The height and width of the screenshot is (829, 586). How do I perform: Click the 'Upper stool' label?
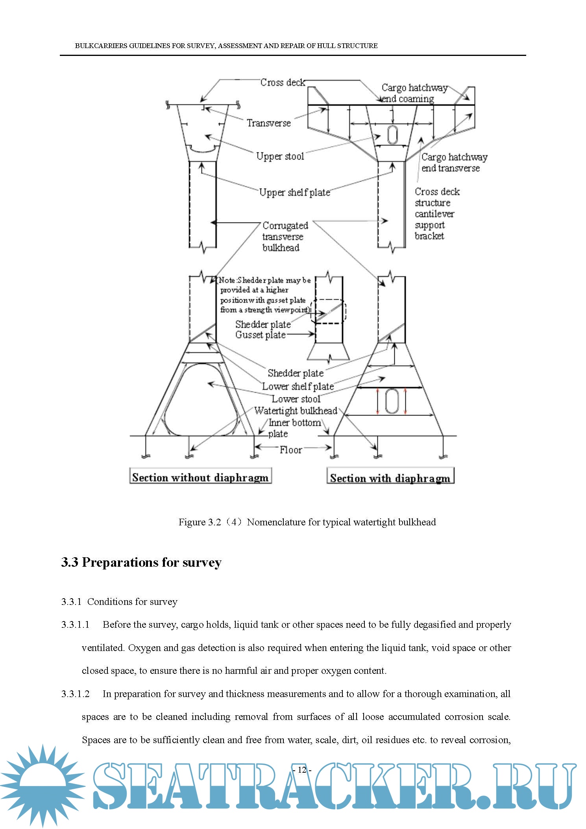280,156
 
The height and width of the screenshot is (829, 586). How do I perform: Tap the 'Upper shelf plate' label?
294,192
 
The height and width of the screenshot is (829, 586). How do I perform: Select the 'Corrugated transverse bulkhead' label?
285,236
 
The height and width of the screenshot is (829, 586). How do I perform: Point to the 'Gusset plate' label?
260,335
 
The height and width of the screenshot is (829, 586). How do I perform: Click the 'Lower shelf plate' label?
298,386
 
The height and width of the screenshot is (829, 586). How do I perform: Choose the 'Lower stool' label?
296,399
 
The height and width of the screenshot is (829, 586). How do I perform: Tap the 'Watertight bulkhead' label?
296,411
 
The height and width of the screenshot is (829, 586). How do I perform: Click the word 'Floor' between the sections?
290,450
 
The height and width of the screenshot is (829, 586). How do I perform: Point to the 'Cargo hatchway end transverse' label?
454,162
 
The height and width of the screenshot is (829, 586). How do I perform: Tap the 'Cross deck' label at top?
282,82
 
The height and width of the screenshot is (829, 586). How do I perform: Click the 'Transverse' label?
269,123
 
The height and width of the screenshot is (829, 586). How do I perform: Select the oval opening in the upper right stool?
392,134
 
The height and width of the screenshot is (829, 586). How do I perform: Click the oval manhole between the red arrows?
392,401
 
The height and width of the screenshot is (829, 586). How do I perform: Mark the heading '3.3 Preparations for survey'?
141,562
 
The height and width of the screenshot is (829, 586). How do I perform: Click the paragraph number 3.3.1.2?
75,694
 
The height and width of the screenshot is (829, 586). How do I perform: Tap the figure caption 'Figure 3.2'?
307,522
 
